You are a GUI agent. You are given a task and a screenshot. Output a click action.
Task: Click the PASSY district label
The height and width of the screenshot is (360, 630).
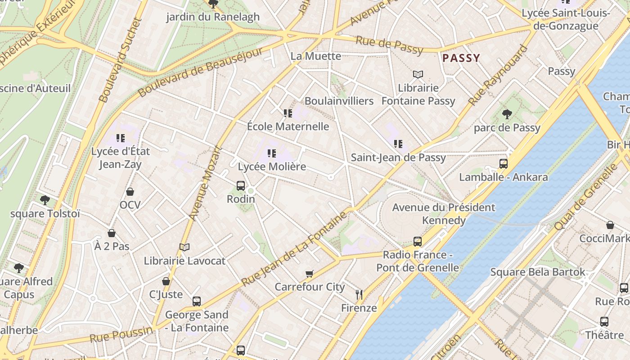click(x=461, y=58)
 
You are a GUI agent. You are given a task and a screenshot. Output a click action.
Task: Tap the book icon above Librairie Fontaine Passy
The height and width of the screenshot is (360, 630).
click(x=418, y=74)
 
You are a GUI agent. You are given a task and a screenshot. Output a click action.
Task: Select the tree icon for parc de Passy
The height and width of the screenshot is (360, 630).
click(x=507, y=114)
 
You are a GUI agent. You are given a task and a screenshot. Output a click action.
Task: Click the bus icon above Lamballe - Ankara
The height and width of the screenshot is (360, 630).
click(x=504, y=163)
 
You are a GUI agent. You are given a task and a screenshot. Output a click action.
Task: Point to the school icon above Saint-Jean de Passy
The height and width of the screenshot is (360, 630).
click(x=398, y=144)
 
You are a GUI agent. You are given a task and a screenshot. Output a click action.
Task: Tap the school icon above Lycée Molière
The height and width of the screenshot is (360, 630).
click(x=271, y=153)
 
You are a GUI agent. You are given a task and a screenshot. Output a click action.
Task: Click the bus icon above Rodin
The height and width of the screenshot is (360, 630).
click(x=241, y=185)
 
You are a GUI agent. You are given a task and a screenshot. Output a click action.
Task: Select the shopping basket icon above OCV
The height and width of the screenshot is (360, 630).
click(x=130, y=192)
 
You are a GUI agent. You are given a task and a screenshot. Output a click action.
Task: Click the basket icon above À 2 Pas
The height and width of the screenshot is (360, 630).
click(x=112, y=233)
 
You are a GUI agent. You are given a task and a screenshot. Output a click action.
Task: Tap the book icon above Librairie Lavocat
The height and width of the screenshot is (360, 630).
click(x=184, y=247)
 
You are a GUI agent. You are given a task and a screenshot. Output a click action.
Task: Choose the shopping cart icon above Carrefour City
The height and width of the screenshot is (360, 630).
click(x=310, y=274)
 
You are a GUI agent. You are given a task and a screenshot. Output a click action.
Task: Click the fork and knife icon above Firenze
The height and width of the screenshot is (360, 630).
click(x=359, y=295)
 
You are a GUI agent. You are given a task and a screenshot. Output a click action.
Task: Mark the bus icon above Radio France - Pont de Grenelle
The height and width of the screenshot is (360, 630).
click(x=418, y=242)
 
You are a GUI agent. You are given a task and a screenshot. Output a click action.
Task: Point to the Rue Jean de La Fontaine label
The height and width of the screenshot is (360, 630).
click(x=295, y=249)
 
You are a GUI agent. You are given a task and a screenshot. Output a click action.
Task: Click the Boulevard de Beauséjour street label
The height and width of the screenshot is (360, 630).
click(x=201, y=72)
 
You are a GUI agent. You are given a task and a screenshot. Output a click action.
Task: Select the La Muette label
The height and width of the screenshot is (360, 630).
click(x=316, y=56)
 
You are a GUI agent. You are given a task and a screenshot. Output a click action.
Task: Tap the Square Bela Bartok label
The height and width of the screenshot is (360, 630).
click(x=538, y=272)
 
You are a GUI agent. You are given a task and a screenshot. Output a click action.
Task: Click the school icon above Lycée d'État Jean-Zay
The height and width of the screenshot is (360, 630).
click(x=120, y=138)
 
